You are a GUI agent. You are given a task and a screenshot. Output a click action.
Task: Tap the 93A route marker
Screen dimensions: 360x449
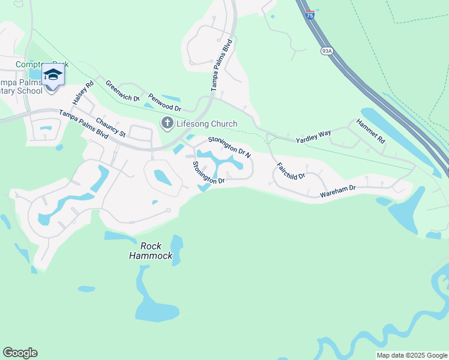click(x=327, y=52)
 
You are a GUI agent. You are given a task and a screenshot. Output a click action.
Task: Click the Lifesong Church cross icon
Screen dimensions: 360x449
click(x=167, y=124)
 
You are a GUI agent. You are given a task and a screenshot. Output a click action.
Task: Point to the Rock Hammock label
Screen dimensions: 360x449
click(x=151, y=251)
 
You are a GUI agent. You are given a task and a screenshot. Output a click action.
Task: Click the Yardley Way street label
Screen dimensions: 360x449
click(x=313, y=139)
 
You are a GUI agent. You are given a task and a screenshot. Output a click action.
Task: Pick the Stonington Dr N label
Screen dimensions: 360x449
click(x=229, y=146)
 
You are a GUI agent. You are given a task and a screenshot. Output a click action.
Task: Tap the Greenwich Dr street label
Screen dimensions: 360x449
click(x=122, y=91)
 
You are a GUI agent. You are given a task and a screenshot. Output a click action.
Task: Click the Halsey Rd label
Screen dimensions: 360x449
click(x=83, y=93)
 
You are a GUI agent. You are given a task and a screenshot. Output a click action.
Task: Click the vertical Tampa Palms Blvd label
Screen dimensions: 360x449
click(x=220, y=65)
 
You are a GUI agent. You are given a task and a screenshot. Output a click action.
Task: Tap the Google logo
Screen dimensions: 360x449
click(x=20, y=353)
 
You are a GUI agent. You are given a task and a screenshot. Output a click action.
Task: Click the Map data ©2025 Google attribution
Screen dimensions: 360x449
click(x=411, y=355)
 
